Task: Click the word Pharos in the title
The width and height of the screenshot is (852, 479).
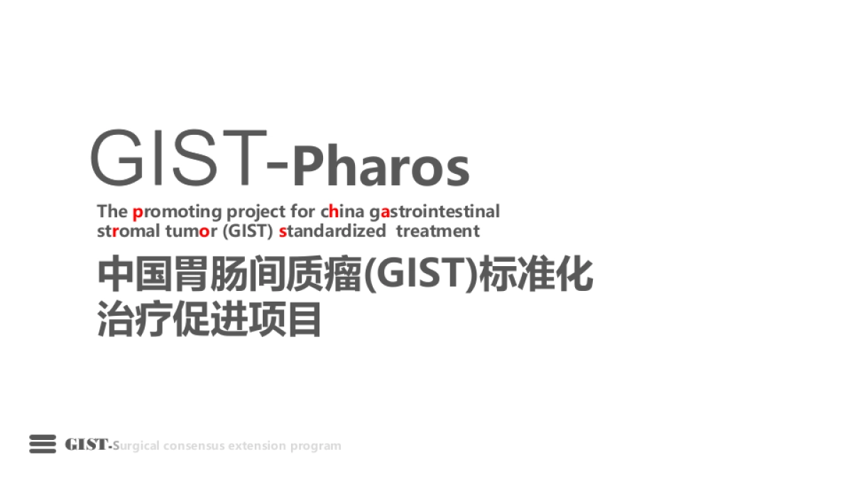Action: point(381,167)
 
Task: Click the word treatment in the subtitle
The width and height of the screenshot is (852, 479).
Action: point(438,231)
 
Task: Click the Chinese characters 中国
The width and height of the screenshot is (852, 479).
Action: point(133,275)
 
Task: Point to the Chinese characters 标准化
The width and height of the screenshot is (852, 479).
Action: point(537,275)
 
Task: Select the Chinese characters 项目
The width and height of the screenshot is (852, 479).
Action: point(285,319)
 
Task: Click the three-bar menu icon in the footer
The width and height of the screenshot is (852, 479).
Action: point(43,444)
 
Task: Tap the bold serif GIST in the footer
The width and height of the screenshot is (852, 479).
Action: point(87,445)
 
